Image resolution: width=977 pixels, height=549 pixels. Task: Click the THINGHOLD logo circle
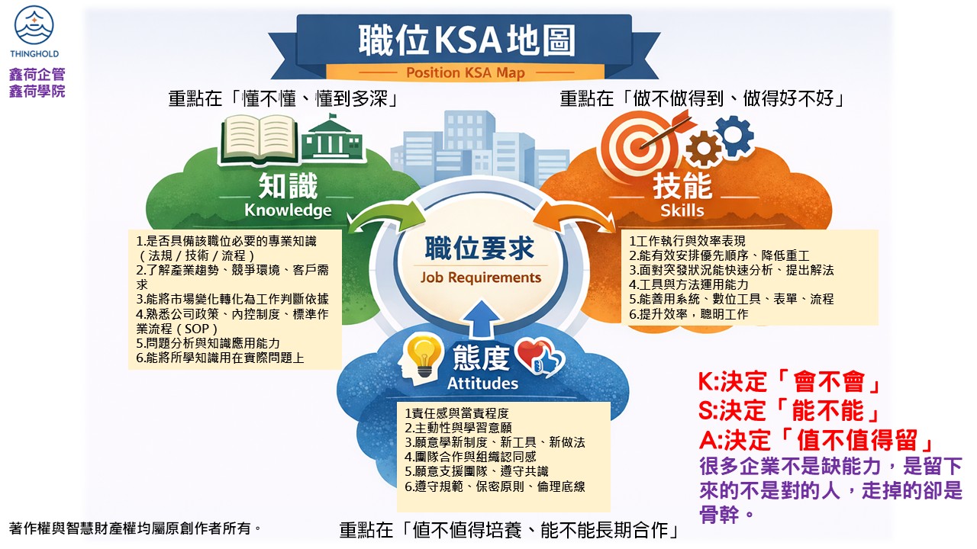[34, 24]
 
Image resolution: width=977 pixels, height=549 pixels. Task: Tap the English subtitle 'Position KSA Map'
[466, 72]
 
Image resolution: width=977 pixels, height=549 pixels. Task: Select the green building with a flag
[332, 140]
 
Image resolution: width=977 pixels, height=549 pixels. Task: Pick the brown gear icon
[703, 148]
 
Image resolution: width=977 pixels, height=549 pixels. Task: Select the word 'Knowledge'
[288, 210]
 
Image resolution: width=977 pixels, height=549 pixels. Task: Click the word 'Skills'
[682, 210]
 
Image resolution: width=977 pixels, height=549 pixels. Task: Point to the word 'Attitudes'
[482, 384]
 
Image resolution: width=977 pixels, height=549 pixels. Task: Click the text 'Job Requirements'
[481, 278]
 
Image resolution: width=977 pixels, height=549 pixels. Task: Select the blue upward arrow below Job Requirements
[482, 319]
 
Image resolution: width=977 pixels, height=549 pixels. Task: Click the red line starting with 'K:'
[788, 382]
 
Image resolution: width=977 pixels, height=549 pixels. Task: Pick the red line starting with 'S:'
[788, 410]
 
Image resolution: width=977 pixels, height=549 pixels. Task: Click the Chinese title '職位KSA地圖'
[466, 40]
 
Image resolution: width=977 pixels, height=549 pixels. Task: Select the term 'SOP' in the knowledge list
[197, 329]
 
